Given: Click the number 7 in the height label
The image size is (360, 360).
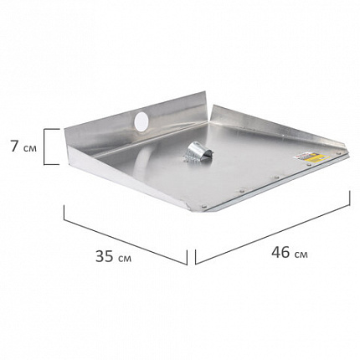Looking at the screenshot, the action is coord(15,147).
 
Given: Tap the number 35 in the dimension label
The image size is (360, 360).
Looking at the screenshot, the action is coord(105,256).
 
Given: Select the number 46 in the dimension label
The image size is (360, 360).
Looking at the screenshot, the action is coord(280,252).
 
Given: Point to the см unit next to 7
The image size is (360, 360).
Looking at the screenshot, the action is coord(30,148).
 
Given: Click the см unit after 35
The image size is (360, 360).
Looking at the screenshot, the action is coord(125,259).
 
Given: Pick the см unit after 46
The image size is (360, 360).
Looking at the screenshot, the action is coord(301,255).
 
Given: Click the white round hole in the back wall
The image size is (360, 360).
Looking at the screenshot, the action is coord(141,121).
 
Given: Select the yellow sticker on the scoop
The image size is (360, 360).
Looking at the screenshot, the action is coord(315,157).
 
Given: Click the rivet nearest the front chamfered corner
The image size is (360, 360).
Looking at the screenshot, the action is coord(204,207).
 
